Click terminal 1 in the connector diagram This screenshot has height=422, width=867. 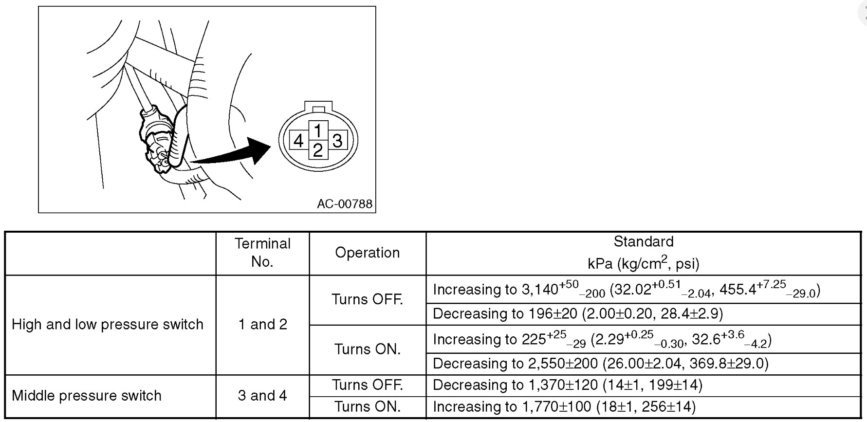(x=317, y=131)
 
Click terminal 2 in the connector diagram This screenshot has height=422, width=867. (x=317, y=150)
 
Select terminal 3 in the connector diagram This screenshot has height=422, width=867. (x=337, y=141)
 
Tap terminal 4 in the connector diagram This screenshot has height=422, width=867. (x=298, y=141)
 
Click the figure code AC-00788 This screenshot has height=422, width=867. (x=345, y=204)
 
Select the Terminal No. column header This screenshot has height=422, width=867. (x=262, y=253)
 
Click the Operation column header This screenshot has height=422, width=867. (x=368, y=253)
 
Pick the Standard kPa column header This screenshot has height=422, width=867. (x=643, y=253)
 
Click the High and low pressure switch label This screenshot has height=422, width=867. (x=108, y=325)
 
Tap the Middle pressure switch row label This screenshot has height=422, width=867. (x=87, y=396)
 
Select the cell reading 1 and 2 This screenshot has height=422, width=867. (x=262, y=325)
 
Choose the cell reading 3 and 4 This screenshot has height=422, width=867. (x=262, y=396)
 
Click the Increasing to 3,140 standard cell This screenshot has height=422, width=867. (x=626, y=290)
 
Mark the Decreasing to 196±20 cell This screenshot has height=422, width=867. (x=578, y=314)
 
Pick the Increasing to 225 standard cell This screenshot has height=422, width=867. (x=602, y=340)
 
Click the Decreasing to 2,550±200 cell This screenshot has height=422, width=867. (x=600, y=364)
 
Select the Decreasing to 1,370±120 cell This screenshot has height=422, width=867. (x=568, y=385)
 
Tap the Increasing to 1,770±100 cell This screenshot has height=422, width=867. (x=564, y=407)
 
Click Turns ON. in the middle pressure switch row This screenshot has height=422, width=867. (x=368, y=407)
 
